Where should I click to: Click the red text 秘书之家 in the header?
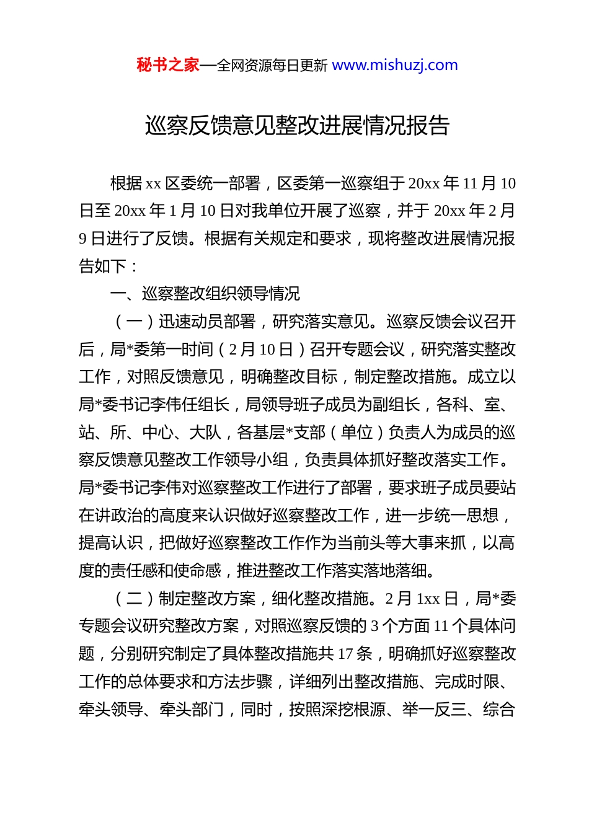click(168, 65)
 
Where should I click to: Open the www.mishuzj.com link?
click(395, 65)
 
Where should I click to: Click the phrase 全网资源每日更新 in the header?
click(272, 66)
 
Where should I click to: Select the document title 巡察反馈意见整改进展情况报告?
click(297, 126)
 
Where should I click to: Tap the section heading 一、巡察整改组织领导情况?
click(205, 293)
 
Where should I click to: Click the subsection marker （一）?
click(134, 321)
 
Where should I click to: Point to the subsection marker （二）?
click(134, 598)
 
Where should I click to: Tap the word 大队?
click(205, 432)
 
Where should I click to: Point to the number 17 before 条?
click(345, 653)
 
